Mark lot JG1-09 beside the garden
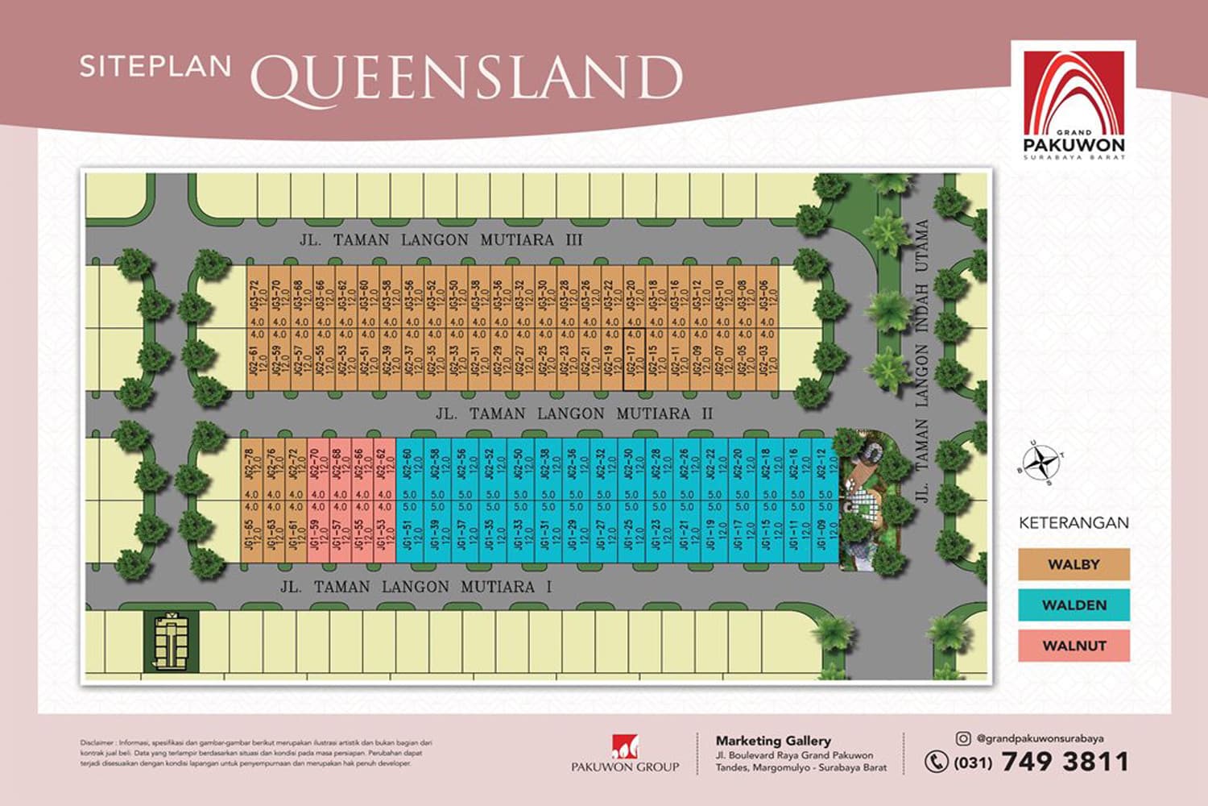pos(824,535)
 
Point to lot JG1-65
pos(252,535)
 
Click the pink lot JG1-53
pos(384,535)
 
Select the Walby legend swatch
pos(1074,564)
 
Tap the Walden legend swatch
pos(1074,604)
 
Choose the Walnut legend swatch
pos(1074,645)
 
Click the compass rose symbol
pos(1045,462)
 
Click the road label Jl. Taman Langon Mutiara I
pos(416,587)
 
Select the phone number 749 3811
pos(1065,762)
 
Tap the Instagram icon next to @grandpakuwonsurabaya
pos(962,737)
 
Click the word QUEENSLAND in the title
pos(466,78)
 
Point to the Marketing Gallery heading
pos(773,740)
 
